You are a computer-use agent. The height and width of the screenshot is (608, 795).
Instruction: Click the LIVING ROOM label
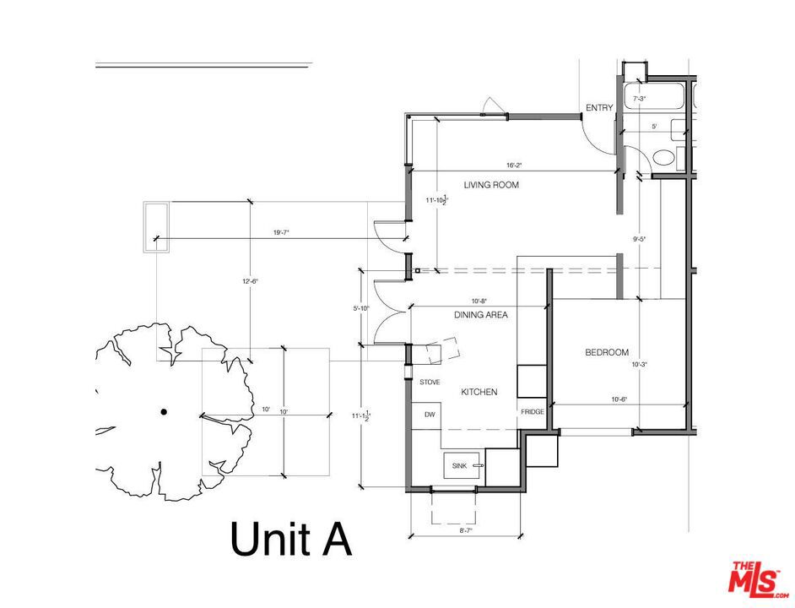click(491, 184)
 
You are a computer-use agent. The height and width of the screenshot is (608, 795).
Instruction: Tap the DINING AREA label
click(480, 315)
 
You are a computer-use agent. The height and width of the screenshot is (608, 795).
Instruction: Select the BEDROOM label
click(607, 352)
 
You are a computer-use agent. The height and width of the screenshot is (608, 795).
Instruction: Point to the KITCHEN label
click(479, 392)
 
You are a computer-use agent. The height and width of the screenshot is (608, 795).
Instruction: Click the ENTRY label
click(599, 108)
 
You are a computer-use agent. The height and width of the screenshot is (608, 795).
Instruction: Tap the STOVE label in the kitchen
click(430, 383)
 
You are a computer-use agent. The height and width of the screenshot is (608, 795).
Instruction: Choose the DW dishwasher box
click(430, 415)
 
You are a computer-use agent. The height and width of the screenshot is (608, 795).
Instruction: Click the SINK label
click(459, 465)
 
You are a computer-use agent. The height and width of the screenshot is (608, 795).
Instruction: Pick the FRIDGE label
click(532, 411)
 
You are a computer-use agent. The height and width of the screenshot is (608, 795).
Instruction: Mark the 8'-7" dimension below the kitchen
click(465, 530)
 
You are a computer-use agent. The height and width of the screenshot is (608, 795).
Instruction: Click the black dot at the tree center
click(164, 412)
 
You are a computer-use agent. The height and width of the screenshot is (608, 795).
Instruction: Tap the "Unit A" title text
click(290, 539)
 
